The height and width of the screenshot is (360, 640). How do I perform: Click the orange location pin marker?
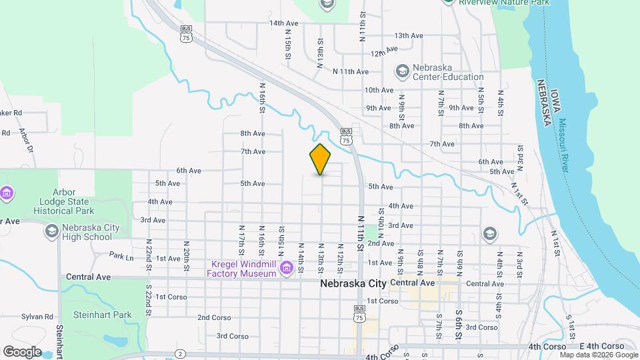(320, 159)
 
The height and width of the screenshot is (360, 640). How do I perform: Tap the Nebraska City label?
(353, 283)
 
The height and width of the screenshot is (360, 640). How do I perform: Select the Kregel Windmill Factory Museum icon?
(287, 269)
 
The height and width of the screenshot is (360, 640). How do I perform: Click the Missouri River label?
(565, 145)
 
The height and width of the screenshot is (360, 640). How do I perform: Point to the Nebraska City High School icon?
(51, 231)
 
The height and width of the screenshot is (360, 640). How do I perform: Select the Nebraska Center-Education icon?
(402, 70)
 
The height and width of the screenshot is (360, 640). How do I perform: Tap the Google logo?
(22, 351)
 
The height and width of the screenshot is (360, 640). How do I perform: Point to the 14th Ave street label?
(283, 23)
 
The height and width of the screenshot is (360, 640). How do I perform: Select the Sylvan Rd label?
(37, 317)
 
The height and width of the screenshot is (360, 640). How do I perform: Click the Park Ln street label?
(121, 255)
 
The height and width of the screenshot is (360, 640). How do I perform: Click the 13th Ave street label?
(408, 35)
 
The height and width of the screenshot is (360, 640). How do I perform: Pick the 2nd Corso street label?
(213, 317)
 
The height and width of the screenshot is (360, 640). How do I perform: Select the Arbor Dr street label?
(27, 139)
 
